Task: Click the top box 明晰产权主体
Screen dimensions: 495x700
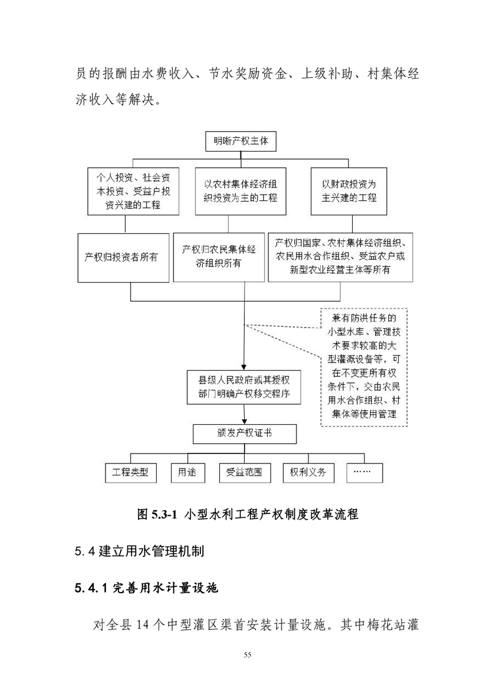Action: click(x=241, y=141)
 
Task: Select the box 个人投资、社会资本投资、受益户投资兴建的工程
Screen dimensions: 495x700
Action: click(x=133, y=191)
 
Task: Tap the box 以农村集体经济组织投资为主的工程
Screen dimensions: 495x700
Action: click(x=240, y=191)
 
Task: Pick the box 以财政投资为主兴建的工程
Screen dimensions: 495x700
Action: click(x=349, y=191)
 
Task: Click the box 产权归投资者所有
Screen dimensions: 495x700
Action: click(x=124, y=258)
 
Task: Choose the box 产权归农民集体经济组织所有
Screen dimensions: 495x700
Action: click(x=218, y=258)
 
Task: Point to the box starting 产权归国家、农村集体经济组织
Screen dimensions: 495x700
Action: click(x=340, y=258)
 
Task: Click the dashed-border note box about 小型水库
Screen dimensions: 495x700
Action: click(x=364, y=367)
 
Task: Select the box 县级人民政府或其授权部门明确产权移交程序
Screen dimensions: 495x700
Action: click(x=244, y=387)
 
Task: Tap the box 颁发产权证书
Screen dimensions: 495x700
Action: click(x=244, y=434)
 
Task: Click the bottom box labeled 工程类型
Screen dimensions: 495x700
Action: click(x=131, y=473)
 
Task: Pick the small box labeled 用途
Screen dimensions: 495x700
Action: click(x=188, y=473)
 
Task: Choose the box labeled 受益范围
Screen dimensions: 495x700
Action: click(x=245, y=473)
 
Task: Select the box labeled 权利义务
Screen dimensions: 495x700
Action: click(x=308, y=473)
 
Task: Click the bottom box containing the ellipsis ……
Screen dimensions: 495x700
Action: click(x=365, y=473)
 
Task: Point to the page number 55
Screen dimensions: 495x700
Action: click(x=247, y=655)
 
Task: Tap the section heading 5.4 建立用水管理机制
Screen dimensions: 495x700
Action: click(x=139, y=552)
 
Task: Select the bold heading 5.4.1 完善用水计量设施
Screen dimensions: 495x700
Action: click(x=147, y=588)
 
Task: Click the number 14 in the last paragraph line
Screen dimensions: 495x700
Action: click(x=142, y=625)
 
